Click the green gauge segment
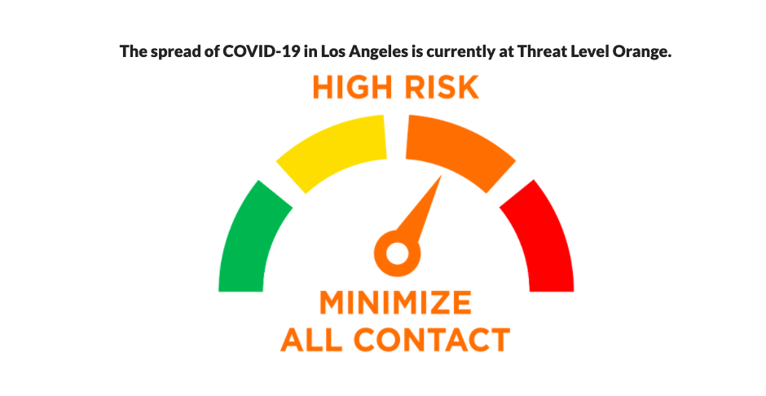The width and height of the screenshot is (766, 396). (247, 240)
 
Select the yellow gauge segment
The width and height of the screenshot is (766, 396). (335, 149)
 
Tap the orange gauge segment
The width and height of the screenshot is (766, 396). (457, 149)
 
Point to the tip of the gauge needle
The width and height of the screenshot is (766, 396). (442, 175)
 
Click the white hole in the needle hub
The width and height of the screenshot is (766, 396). (397, 254)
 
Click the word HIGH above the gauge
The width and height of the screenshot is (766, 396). (352, 87)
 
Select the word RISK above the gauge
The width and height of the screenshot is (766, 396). (442, 87)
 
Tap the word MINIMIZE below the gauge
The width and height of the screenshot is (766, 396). (396, 302)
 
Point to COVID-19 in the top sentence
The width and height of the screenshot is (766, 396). (262, 51)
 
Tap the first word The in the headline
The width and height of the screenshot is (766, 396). (134, 51)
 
